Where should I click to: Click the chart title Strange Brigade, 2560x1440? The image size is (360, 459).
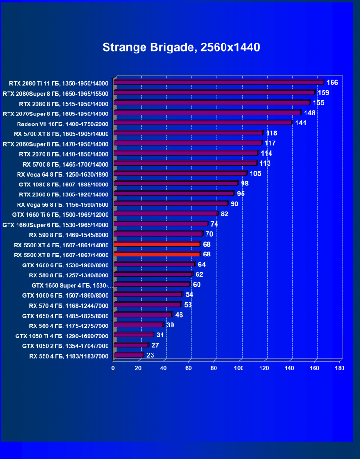[181, 47]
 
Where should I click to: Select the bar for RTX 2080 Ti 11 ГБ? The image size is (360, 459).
[218, 83]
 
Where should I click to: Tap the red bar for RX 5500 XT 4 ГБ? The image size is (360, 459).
[157, 244]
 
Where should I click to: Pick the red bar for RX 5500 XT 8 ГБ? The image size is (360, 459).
[157, 255]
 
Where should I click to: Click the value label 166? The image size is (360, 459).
[332, 83]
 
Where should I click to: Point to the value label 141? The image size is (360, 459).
[301, 123]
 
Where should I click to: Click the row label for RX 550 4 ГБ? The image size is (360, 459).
[69, 356]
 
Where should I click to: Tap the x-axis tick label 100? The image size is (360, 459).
[239, 368]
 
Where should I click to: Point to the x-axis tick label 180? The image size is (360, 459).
[339, 368]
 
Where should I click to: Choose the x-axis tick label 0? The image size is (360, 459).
[113, 368]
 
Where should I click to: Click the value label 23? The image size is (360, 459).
[151, 355]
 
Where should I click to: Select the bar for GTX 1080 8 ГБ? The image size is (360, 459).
[175, 184]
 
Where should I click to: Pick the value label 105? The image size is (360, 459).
[255, 174]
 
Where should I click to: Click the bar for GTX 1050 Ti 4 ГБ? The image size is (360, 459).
[133, 335]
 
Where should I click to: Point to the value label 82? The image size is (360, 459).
[225, 214]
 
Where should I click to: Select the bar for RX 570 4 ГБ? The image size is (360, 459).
[147, 305]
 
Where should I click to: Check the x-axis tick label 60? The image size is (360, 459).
[189, 368]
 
